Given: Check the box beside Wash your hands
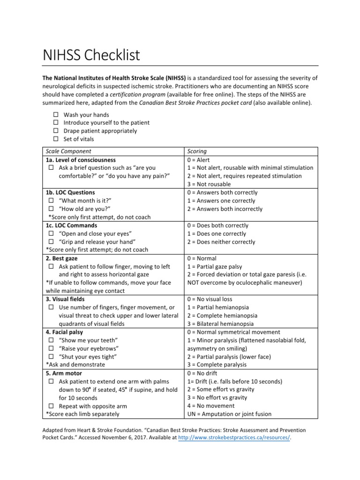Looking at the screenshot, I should pyautogui.click(x=55, y=115).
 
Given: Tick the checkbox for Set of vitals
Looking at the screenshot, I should pyautogui.click(x=55, y=139).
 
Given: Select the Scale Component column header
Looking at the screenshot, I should pyautogui.click(x=68, y=151).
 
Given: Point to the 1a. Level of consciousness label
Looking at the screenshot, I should pyautogui.click(x=80, y=160).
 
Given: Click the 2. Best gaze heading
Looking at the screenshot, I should pyautogui.click(x=61, y=258).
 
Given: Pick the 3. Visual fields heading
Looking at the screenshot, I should pyautogui.click(x=65, y=299).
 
